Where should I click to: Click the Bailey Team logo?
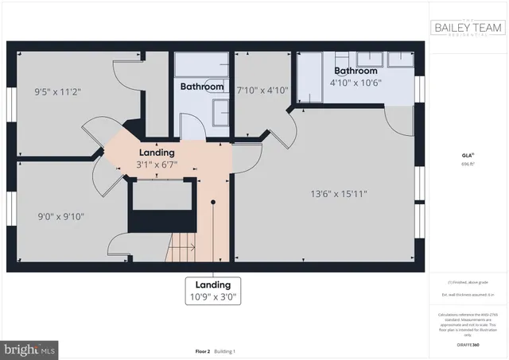click(468, 29)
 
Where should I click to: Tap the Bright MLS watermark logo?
click(29, 347)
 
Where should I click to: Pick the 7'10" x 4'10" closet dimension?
click(261, 90)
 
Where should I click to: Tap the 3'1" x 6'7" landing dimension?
click(157, 165)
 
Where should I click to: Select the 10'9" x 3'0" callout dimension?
click(212, 298)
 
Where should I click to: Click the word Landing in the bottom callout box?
click(212, 285)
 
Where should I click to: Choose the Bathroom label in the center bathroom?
click(201, 86)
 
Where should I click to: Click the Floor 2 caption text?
click(181, 351)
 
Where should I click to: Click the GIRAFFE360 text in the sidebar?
click(468, 346)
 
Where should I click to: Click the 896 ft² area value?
click(468, 164)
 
